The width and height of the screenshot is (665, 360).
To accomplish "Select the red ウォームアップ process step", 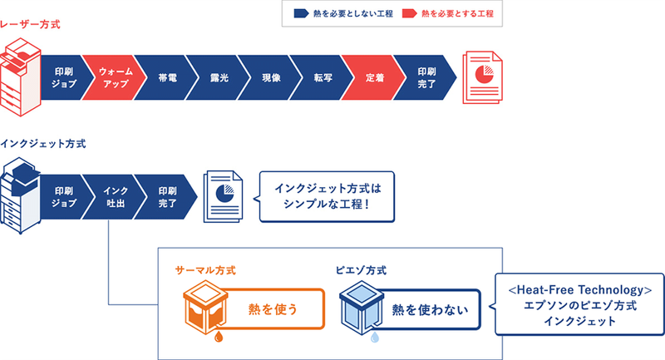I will click(x=109, y=77).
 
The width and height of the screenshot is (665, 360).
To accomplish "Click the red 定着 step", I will click(x=374, y=77).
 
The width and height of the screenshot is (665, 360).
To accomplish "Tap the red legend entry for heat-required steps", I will click(x=453, y=14).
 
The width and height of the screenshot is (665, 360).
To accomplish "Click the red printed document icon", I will click(x=481, y=76).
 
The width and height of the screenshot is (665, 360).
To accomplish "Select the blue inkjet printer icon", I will click(x=20, y=195).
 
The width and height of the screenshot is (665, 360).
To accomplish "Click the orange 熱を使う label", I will click(x=273, y=310).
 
